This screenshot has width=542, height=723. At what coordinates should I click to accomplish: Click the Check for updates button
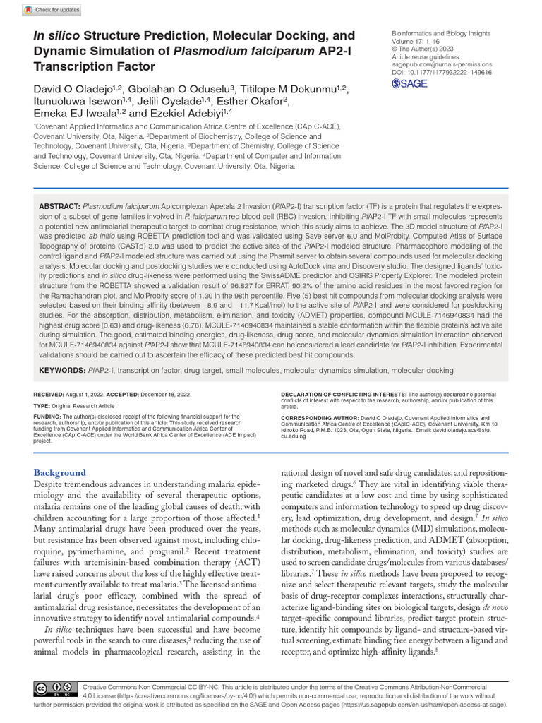click(52, 10)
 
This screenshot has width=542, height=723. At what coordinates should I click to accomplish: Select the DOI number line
click(441, 72)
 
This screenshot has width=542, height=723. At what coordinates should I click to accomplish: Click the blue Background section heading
click(60, 472)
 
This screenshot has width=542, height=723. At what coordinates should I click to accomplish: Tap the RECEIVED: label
click(49, 393)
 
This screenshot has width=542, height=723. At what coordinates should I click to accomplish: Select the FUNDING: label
click(48, 417)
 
